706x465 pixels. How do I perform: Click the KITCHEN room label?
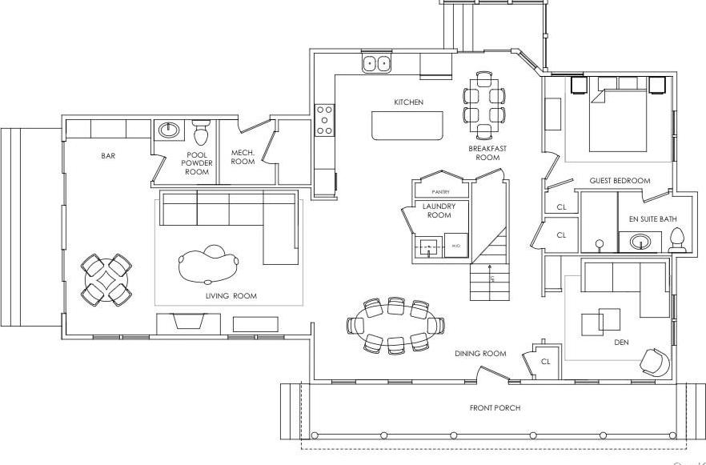click(x=408, y=102)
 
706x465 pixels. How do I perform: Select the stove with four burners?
click(x=324, y=119)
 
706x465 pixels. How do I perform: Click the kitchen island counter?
click(x=407, y=126)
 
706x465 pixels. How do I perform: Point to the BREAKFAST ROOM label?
click(x=487, y=153)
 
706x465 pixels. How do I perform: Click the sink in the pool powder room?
click(x=169, y=129)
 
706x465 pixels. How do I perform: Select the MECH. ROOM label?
click(x=243, y=156)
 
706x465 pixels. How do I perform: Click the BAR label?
click(x=108, y=156)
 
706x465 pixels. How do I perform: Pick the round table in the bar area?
click(x=106, y=280)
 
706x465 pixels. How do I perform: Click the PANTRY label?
click(x=440, y=192)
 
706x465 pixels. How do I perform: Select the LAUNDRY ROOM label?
click(x=439, y=210)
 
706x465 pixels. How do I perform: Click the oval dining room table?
click(x=395, y=324)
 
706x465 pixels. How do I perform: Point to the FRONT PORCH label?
click(x=495, y=408)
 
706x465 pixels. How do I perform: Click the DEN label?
click(x=620, y=343)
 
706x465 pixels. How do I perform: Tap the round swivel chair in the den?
click(x=653, y=361)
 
